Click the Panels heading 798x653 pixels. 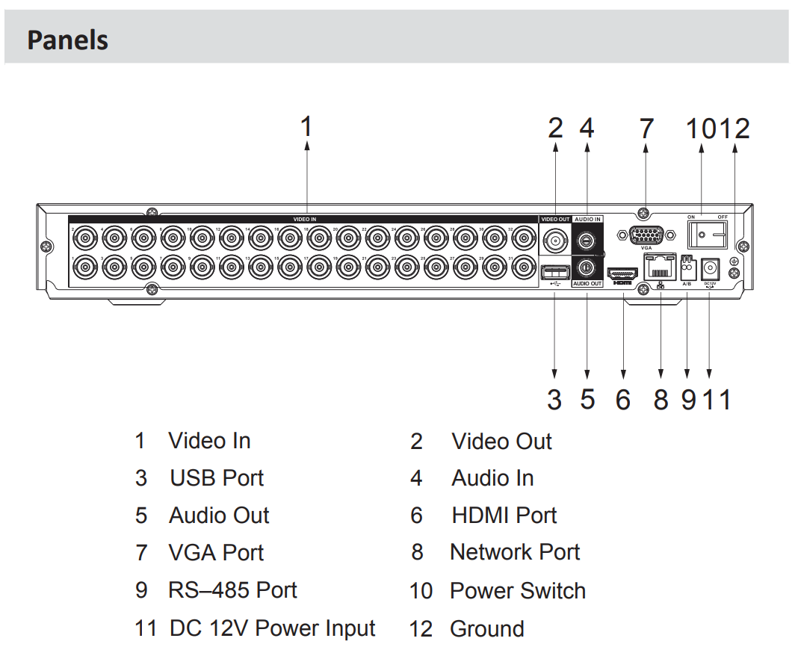point(67,40)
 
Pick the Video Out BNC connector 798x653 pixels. point(555,241)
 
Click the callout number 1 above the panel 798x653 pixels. point(306,127)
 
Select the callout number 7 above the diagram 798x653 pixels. point(646,129)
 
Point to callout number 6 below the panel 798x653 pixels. point(622,400)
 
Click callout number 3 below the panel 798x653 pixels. point(554,400)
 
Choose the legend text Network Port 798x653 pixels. point(515,552)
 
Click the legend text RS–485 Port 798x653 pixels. point(232,590)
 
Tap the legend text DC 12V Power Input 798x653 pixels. point(272,628)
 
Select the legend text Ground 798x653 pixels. point(486,629)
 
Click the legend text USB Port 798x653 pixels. point(217,478)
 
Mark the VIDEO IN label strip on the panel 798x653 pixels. point(304,219)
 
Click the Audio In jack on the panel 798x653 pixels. point(587,241)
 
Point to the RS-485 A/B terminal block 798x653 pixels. point(686,265)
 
